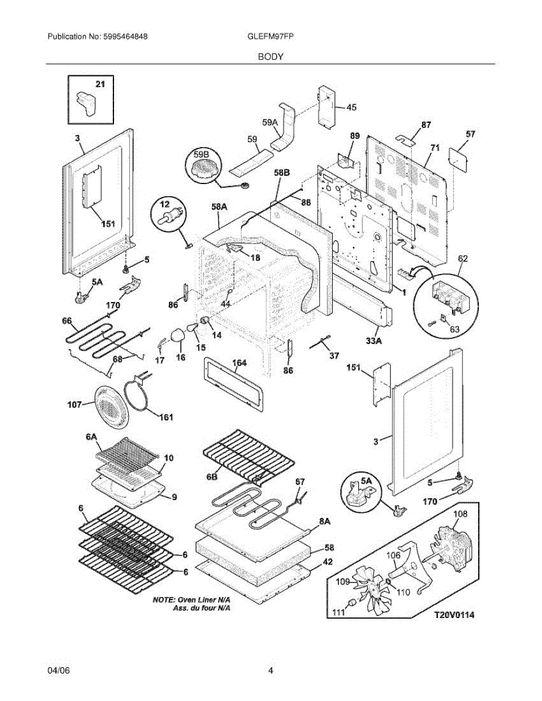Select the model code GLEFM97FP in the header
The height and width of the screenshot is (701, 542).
pyautogui.click(x=271, y=36)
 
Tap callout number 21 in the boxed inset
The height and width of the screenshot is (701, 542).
pyautogui.click(x=101, y=85)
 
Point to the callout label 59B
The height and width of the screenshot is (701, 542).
pyautogui.click(x=202, y=154)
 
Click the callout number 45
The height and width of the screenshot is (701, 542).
pyautogui.click(x=351, y=107)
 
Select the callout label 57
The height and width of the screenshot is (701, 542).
pyautogui.click(x=470, y=134)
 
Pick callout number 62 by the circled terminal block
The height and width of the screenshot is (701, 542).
pyautogui.click(x=462, y=258)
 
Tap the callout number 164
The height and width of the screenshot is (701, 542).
pyautogui.click(x=239, y=363)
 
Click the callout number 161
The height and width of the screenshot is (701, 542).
pyautogui.click(x=167, y=417)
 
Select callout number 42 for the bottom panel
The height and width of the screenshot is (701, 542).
pyautogui.click(x=327, y=562)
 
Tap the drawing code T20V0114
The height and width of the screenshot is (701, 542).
pyautogui.click(x=454, y=616)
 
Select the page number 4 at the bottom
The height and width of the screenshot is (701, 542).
pyautogui.click(x=271, y=671)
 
